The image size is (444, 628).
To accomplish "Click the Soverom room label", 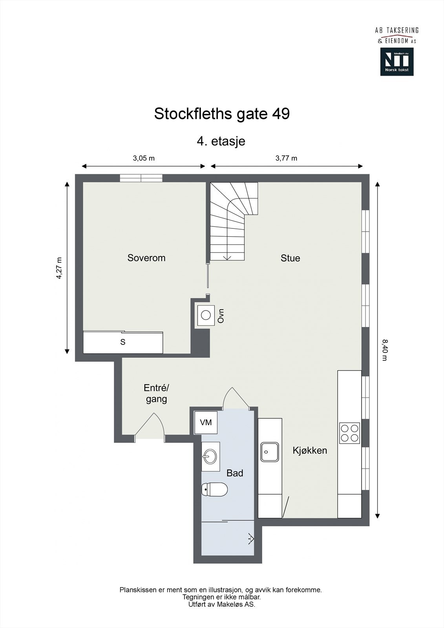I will click(x=146, y=258).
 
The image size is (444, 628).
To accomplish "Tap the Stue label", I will click(x=290, y=258).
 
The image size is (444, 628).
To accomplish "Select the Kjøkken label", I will click(x=310, y=450).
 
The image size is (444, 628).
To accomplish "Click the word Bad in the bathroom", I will click(x=235, y=473).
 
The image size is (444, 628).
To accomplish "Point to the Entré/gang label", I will click(x=156, y=393).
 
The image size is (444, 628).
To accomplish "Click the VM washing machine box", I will click(x=206, y=422).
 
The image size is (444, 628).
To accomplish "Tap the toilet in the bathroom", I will click(x=215, y=490).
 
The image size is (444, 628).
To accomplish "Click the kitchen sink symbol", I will click(x=270, y=452).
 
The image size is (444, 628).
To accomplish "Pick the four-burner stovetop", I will click(x=349, y=433).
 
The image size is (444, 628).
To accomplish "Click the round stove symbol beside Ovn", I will click(x=206, y=315).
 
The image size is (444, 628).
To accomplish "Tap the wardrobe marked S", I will click(x=123, y=342).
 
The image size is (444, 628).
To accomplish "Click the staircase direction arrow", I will click(x=227, y=257).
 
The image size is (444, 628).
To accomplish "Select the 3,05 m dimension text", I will click(x=144, y=158).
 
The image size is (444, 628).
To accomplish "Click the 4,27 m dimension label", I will click(x=59, y=268).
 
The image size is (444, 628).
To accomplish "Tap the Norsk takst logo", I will click(x=396, y=62).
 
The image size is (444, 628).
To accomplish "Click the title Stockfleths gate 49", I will click(x=222, y=114).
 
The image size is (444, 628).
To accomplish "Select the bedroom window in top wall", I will click(x=141, y=178).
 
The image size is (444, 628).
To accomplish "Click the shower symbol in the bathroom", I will click(x=250, y=539).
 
